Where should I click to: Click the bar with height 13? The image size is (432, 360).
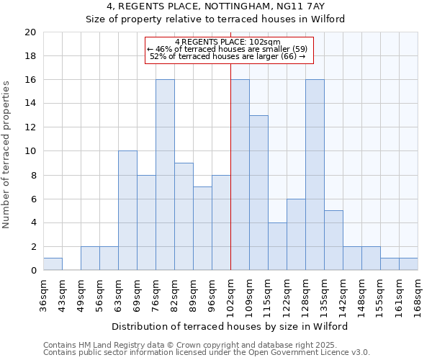tap(258, 193)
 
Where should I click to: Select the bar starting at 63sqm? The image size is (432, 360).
tap(127, 211)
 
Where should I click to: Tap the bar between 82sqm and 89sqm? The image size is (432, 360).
tap(184, 217)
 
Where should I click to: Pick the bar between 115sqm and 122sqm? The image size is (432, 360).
tap(277, 246)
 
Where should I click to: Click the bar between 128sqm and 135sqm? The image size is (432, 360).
tap(315, 175)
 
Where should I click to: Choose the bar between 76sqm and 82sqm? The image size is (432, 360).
tap(165, 175)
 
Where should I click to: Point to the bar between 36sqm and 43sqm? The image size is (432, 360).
tap(53, 264)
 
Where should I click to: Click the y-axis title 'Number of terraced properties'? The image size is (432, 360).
tap(6, 155)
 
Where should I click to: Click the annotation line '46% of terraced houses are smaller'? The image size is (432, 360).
tap(228, 49)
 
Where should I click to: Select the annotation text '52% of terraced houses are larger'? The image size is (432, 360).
tap(228, 56)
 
